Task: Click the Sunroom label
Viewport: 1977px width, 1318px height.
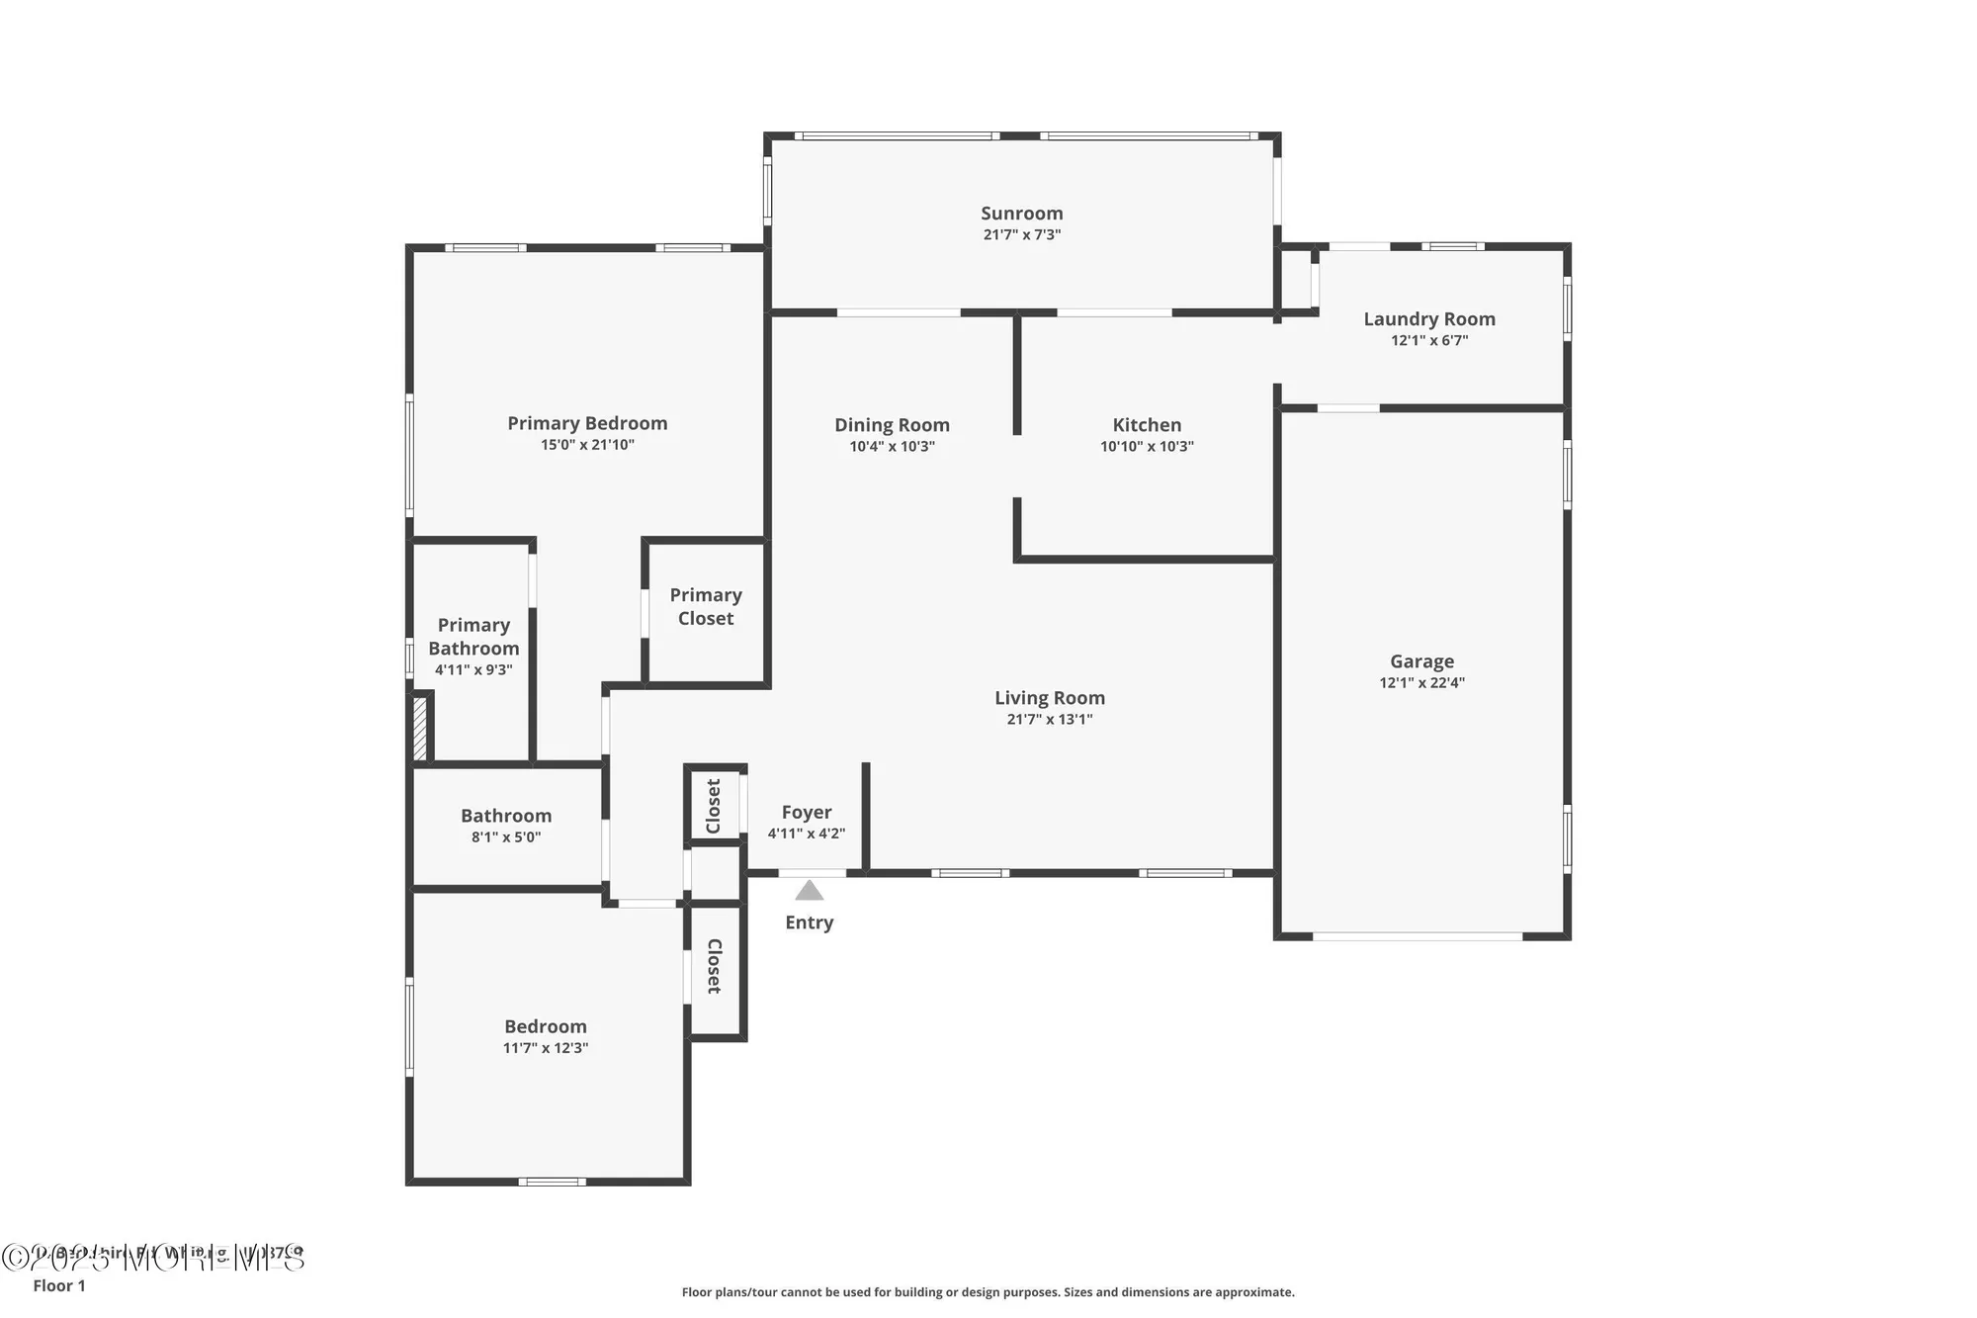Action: (1021, 214)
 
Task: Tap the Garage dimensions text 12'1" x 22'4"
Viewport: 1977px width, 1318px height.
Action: (1421, 683)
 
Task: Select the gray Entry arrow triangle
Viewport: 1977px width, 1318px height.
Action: (810, 891)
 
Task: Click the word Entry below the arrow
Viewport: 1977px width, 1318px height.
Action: (809, 923)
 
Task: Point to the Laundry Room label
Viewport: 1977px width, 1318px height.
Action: (1428, 319)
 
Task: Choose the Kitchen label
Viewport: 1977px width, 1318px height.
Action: (1147, 425)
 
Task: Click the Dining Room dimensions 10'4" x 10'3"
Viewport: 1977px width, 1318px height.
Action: (892, 447)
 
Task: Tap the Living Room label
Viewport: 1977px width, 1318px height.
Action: (1049, 698)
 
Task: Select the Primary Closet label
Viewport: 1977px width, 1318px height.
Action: (705, 606)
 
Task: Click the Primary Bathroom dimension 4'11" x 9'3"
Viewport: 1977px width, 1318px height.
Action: (473, 670)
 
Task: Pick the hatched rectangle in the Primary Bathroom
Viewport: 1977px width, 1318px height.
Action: (419, 729)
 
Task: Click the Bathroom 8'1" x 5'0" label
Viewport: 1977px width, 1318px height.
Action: (505, 826)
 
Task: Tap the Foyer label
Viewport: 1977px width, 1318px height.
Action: (806, 813)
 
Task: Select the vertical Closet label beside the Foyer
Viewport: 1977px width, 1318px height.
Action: (713, 806)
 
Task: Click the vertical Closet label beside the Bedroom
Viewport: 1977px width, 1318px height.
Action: (714, 966)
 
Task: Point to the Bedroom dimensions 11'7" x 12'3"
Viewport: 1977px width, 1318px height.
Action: (545, 1048)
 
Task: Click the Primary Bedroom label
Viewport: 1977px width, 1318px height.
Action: (587, 423)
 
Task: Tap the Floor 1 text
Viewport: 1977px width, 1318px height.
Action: (59, 1285)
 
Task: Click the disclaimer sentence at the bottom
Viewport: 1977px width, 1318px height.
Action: (988, 1292)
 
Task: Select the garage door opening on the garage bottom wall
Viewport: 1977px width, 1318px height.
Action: (1417, 935)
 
